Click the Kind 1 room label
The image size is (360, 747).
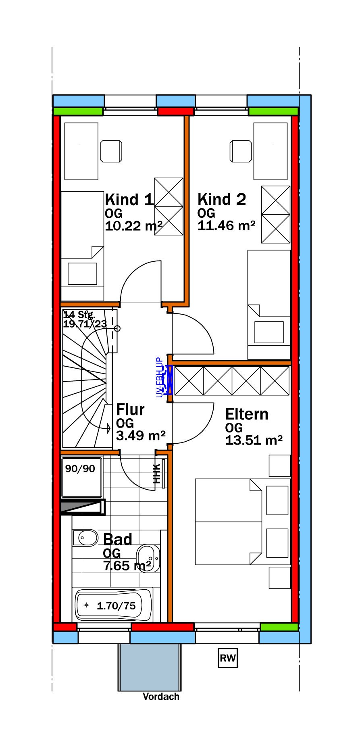[x=129, y=200]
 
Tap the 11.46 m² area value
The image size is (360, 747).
[x=226, y=225]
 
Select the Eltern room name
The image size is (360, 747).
[x=247, y=414]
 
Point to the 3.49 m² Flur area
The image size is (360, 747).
[x=141, y=436]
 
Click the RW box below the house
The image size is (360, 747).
[x=227, y=658]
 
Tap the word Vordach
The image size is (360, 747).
[x=161, y=697]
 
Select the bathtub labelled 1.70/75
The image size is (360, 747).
[x=114, y=605]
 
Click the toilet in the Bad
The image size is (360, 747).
[x=85, y=537]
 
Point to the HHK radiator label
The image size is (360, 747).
[x=157, y=474]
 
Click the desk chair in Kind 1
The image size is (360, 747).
[x=111, y=151]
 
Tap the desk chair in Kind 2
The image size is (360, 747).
[x=241, y=151]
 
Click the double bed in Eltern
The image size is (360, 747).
[x=228, y=522]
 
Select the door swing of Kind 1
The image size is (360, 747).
[x=139, y=278]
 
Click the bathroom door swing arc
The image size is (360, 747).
[x=137, y=474]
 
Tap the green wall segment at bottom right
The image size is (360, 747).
[x=279, y=627]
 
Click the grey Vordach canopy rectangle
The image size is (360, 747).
[x=149, y=667]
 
